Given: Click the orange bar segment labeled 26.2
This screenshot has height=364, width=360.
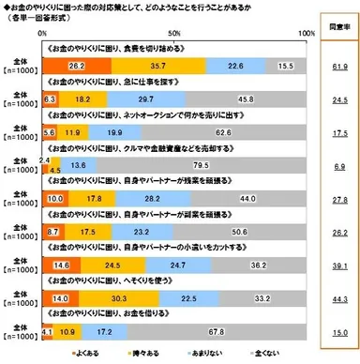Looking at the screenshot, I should click(77, 65).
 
